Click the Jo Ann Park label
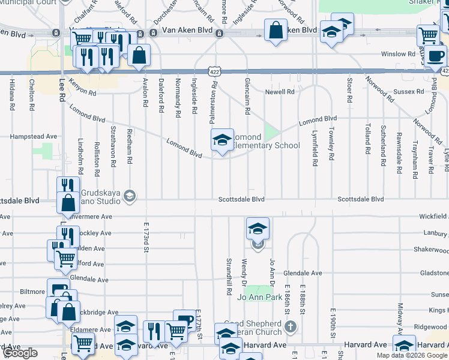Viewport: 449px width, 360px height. click(260, 297)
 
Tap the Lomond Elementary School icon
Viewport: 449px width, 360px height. click(222, 140)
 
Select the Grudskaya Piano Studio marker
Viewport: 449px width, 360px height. click(128, 196)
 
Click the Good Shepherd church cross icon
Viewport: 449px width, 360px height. click(291, 327)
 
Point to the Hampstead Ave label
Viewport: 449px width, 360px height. click(34, 137)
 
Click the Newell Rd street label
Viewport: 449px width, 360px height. click(281, 92)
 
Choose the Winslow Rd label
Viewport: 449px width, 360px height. click(402, 54)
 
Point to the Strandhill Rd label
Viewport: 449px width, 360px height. click(229, 277)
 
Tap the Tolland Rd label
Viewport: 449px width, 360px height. click(367, 137)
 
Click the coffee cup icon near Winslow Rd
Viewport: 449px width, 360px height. click(438, 56)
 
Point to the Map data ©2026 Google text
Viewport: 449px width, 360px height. click(412, 355)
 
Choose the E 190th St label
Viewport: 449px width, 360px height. click(332, 323)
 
